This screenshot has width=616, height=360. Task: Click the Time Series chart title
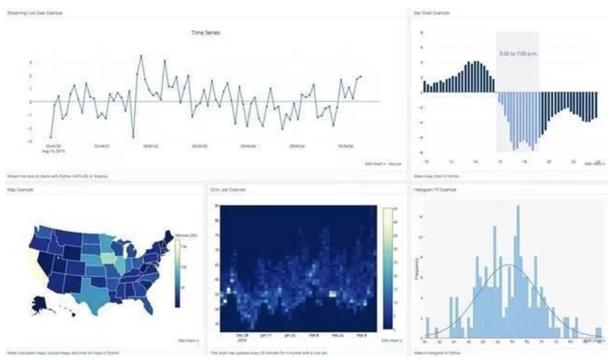[206, 33]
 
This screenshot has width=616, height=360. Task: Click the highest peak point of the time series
[141, 56]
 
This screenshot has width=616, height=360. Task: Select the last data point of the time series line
[361, 76]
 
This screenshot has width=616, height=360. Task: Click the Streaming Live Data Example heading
[34, 12]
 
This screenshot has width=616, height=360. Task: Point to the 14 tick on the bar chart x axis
[475, 161]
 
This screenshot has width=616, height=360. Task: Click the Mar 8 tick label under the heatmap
[360, 335]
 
